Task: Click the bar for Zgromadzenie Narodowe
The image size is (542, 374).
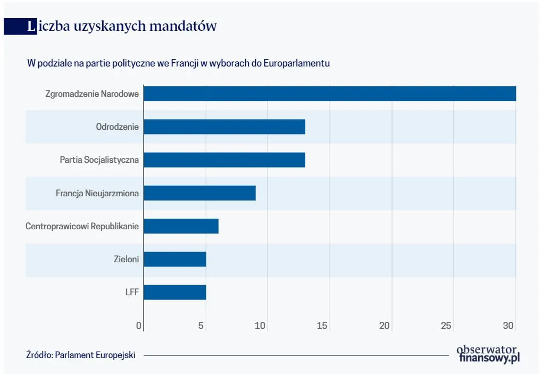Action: (330, 94)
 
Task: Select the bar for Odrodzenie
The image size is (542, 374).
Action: (224, 127)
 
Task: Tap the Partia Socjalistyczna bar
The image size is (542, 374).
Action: (224, 160)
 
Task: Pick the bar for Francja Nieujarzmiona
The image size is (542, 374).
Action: (199, 193)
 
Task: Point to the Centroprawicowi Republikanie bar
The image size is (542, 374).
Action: (181, 226)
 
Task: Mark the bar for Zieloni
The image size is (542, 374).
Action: (174, 259)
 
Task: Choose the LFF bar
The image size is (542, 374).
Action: (174, 293)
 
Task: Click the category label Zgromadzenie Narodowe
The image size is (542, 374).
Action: (92, 94)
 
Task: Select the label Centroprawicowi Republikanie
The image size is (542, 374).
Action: (82, 226)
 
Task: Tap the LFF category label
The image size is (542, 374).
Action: (131, 293)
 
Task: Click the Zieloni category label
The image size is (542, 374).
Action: (126, 259)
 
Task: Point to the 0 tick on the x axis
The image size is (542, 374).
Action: (139, 326)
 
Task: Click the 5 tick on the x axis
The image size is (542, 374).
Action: (201, 326)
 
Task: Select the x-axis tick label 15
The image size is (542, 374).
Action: (322, 326)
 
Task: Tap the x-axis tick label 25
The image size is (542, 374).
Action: (446, 326)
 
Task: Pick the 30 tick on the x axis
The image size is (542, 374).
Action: (509, 326)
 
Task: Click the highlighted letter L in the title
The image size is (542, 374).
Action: (31, 26)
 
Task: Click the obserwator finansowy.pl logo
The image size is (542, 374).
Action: (488, 354)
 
